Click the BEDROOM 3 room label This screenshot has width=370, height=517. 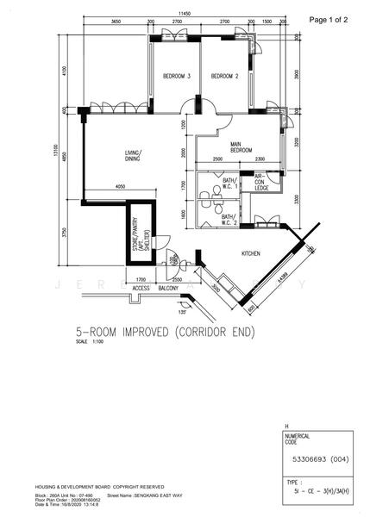click(x=177, y=76)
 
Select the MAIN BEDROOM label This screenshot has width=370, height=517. click(x=241, y=147)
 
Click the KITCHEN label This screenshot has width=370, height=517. click(x=251, y=253)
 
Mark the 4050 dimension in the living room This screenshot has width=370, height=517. click(x=121, y=186)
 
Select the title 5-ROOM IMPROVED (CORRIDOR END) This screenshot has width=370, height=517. click(x=164, y=330)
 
